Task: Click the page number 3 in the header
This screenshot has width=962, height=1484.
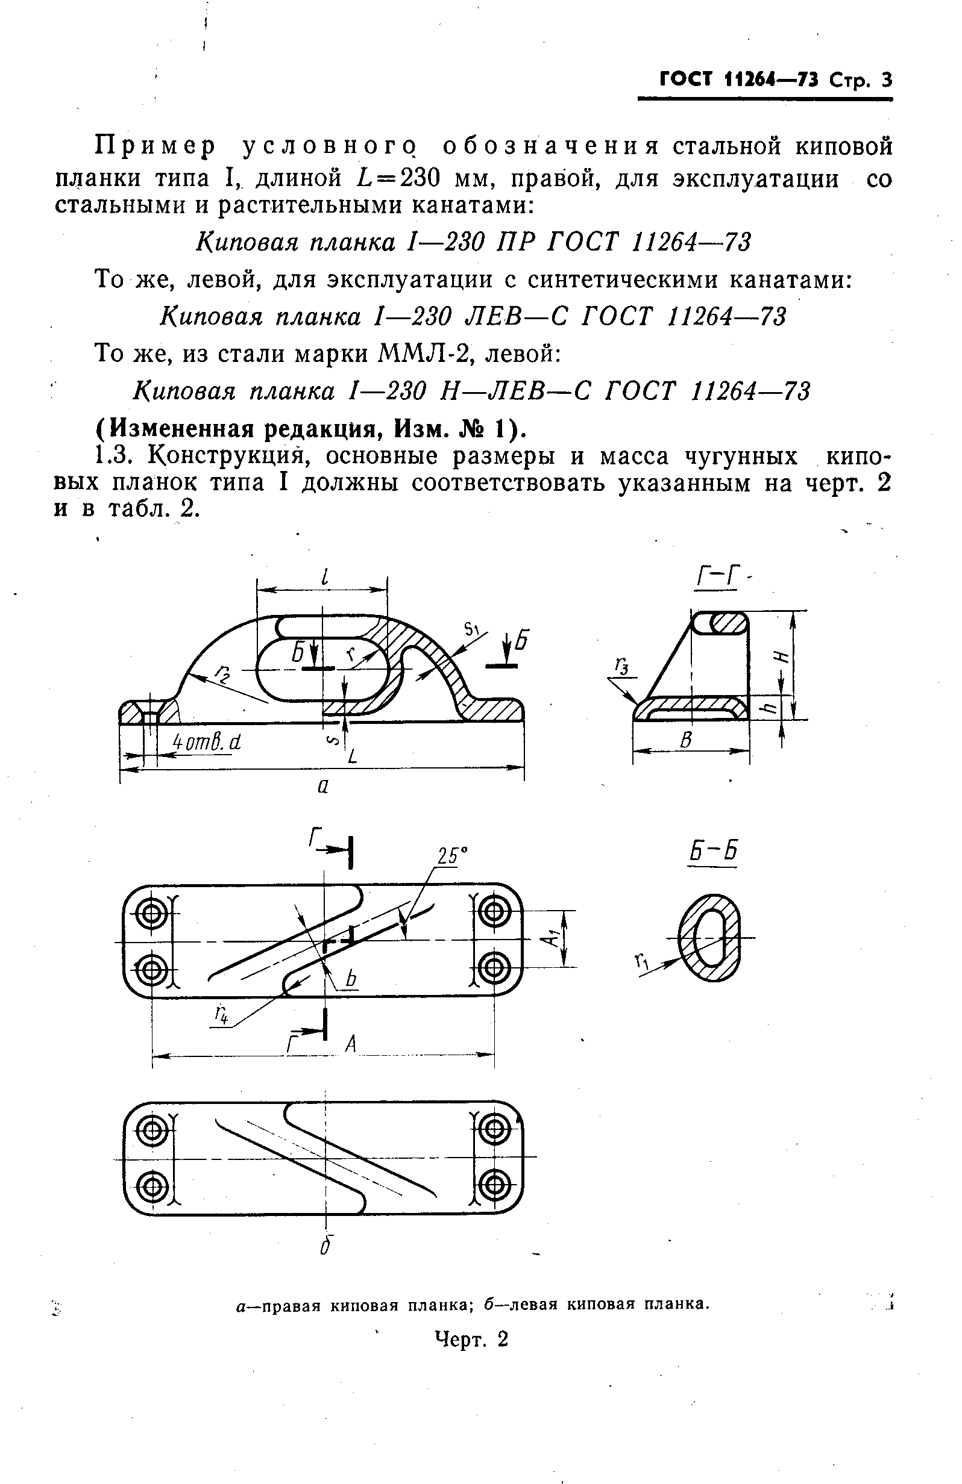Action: pyautogui.click(x=886, y=81)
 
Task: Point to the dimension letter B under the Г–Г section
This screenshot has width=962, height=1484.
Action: pyautogui.click(x=687, y=741)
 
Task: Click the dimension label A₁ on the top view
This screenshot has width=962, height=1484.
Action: pyautogui.click(x=550, y=938)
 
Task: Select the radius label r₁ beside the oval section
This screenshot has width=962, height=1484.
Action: pyautogui.click(x=641, y=964)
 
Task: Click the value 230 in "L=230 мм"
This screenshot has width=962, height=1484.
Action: pyautogui.click(x=421, y=179)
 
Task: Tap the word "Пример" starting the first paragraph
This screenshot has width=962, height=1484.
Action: pyautogui.click(x=154, y=146)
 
